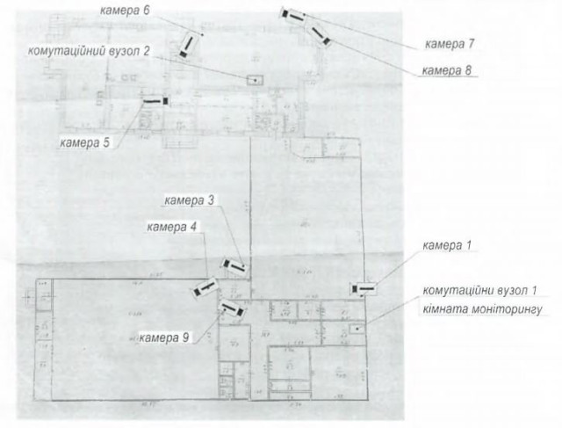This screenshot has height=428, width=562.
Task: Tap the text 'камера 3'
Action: (x=189, y=200)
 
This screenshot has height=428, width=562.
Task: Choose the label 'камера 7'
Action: (x=450, y=42)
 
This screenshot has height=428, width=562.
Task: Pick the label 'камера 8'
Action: (x=449, y=69)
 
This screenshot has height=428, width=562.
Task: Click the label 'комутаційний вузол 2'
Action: (x=92, y=51)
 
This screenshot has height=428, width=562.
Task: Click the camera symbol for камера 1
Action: (x=362, y=287)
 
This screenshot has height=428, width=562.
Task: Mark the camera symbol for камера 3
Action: (x=234, y=264)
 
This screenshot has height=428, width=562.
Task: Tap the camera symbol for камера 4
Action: (x=205, y=288)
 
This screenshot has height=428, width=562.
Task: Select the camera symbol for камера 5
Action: (x=155, y=101)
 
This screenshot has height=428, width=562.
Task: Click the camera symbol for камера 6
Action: (x=189, y=46)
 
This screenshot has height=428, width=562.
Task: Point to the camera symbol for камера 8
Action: (x=317, y=33)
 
